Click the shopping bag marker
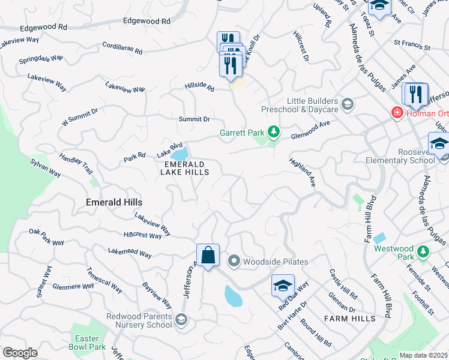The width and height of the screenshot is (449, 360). (208, 256)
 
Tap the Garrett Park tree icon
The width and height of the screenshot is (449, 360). (274, 131)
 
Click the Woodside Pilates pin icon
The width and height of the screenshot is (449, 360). (234, 261)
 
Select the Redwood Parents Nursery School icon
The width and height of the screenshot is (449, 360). (181, 321)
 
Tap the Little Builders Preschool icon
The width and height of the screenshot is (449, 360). (346, 106)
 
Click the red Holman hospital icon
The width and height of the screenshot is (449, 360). (396, 112)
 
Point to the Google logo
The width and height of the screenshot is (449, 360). (20, 353)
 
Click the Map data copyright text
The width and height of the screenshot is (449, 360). (423, 355)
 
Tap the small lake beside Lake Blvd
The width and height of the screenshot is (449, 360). (181, 153)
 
